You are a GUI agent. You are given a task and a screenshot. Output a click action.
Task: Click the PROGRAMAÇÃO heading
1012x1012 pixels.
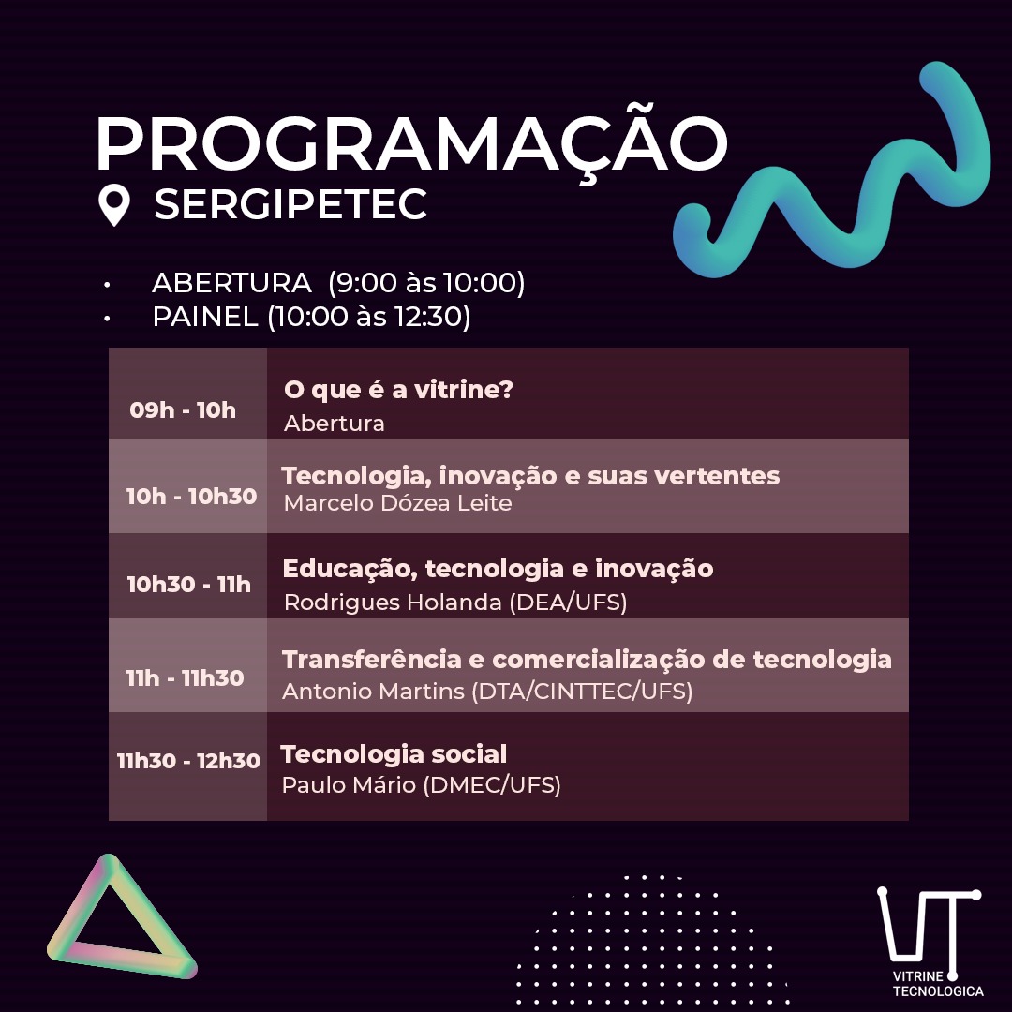pyautogui.click(x=411, y=142)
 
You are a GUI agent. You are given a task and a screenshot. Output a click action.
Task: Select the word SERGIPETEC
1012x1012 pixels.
pyautogui.click(x=290, y=204)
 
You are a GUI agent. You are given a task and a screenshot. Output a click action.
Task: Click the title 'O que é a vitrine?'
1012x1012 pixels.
pyautogui.click(x=398, y=389)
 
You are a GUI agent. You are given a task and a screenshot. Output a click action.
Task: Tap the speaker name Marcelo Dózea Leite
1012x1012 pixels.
pyautogui.click(x=397, y=503)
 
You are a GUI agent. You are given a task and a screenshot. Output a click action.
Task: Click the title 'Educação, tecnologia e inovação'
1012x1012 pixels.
pyautogui.click(x=498, y=569)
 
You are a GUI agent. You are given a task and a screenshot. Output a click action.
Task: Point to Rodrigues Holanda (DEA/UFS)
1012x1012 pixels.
pyautogui.click(x=455, y=603)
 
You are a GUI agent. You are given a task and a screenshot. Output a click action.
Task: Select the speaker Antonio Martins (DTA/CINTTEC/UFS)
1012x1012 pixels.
pyautogui.click(x=487, y=692)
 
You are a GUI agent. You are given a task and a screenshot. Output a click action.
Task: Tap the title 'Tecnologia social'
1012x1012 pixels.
pyautogui.click(x=394, y=753)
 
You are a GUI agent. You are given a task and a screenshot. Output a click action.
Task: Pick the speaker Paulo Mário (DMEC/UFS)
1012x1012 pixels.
pyautogui.click(x=421, y=785)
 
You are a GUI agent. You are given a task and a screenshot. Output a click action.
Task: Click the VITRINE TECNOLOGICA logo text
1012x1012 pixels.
pyautogui.click(x=938, y=984)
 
